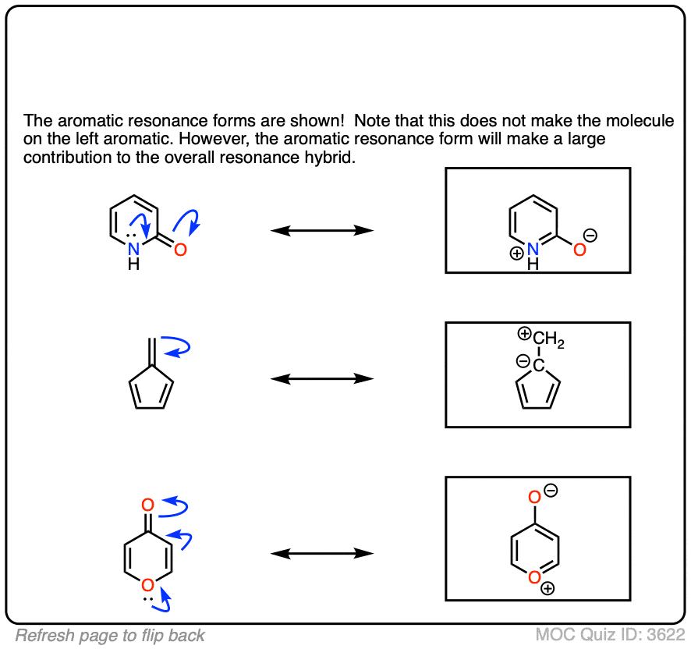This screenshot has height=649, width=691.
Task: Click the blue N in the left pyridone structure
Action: click(134, 249)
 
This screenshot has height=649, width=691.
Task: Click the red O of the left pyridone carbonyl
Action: click(180, 250)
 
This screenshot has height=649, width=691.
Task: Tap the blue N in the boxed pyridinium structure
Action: click(533, 249)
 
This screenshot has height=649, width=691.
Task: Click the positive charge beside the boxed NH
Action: click(517, 254)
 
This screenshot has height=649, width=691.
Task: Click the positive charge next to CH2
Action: click(524, 335)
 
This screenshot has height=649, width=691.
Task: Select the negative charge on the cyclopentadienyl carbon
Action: click(523, 361)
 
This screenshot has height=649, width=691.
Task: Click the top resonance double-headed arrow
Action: click(322, 230)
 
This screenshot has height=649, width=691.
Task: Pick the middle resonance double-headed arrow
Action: click(322, 379)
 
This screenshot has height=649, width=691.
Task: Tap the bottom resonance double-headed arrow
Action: click(322, 553)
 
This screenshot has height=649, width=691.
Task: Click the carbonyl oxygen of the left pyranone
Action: click(147, 505)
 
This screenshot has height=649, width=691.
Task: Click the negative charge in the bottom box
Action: click(551, 491)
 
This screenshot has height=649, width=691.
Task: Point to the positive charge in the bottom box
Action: click(548, 589)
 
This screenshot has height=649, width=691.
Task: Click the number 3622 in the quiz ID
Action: click(664, 634)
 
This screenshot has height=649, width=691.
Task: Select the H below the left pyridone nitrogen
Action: click(134, 264)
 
